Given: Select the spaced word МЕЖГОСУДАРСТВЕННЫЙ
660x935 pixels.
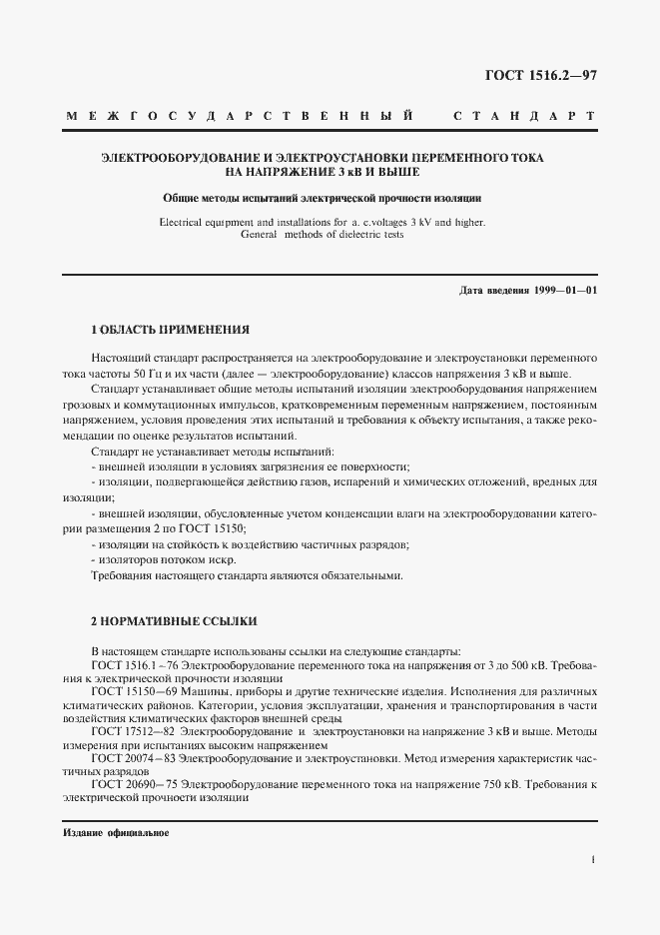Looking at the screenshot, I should pos(240,118).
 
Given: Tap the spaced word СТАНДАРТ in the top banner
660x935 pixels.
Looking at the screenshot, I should pos(524,118).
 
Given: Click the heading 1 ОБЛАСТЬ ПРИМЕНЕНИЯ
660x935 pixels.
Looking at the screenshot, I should pos(170,329).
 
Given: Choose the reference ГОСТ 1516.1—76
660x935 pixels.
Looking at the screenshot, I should pos(134,663).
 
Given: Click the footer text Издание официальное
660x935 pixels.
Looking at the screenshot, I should pos(115,832).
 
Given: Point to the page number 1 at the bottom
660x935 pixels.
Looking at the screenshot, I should pos(593,859).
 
